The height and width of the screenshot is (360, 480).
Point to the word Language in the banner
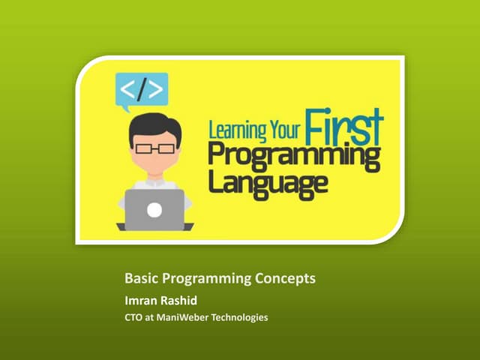[x=268, y=184]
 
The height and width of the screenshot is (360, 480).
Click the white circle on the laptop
[x=154, y=210]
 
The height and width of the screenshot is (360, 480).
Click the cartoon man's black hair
[x=154, y=124]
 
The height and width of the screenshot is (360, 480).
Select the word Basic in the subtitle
[x=140, y=279]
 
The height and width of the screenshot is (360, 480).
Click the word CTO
[x=133, y=318]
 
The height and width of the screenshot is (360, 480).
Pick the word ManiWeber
[x=184, y=318]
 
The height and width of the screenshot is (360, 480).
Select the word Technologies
[x=241, y=318]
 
